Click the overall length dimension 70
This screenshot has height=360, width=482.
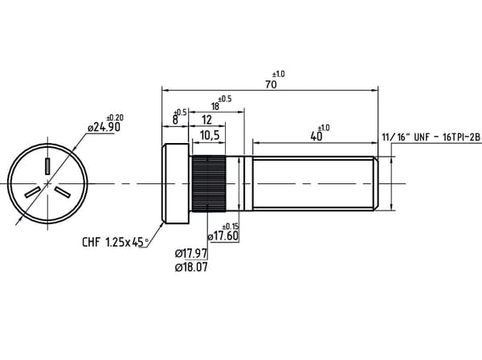[271, 84]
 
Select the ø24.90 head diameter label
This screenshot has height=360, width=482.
[104, 127]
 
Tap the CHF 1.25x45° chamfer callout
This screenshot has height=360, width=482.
[115, 242]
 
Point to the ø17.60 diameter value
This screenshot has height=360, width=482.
[223, 236]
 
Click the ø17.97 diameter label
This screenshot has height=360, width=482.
[191, 254]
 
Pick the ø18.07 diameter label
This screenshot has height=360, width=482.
[191, 267]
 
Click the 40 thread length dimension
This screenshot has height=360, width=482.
[317, 136]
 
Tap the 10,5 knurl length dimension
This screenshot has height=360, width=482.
[210, 135]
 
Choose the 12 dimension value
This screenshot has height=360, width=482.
[207, 120]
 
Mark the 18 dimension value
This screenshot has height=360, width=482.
[215, 106]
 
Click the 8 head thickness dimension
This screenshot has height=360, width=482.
[175, 120]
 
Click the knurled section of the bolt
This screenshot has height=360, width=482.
[209, 183]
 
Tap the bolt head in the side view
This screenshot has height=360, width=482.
[175, 183]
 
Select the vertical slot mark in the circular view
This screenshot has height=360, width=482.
[47, 166]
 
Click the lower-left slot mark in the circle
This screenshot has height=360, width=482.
[33, 192]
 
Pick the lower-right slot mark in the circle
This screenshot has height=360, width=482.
[63, 192]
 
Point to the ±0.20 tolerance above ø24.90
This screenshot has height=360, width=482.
[115, 118]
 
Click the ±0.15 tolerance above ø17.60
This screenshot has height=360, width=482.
[231, 227]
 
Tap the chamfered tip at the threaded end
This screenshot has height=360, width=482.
[376, 183]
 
